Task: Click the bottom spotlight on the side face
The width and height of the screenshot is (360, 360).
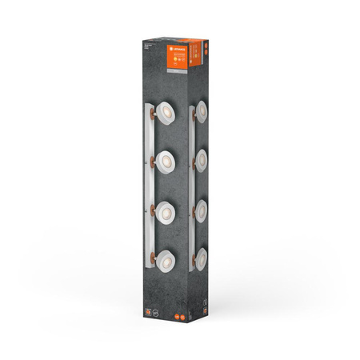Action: [x=201, y=258]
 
